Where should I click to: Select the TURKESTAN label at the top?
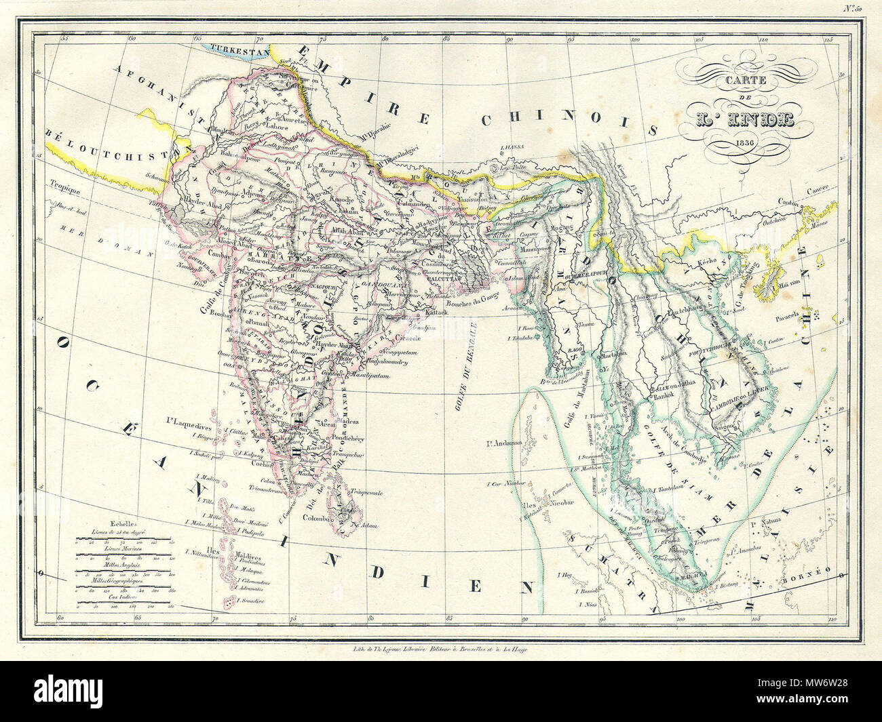click(x=239, y=48)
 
